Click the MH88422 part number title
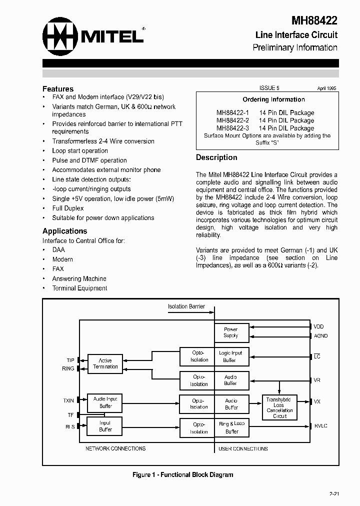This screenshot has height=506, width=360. pos(314,20)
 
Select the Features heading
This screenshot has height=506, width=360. pos(58,88)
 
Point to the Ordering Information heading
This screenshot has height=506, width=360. pos(273,99)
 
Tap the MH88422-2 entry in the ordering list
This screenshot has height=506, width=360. pos(233,120)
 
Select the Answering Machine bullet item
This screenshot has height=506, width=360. pos(79,278)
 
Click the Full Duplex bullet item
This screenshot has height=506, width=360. pos(68,208)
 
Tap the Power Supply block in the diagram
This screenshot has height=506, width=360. pos(231,332)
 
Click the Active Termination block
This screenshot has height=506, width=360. pos(105,363)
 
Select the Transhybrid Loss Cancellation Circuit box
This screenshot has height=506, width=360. pos(279,407)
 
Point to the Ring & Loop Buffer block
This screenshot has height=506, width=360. pos(231,427)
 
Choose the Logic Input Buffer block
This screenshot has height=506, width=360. pos(230,356)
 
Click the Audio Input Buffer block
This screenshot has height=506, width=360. pos(105,402)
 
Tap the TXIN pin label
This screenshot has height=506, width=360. pos(68,400)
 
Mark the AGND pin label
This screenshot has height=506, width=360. pos(320,336)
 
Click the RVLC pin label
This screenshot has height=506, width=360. pos(320,426)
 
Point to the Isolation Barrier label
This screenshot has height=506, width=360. pos(186,306)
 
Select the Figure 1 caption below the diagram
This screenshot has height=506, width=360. pos(182,474)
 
